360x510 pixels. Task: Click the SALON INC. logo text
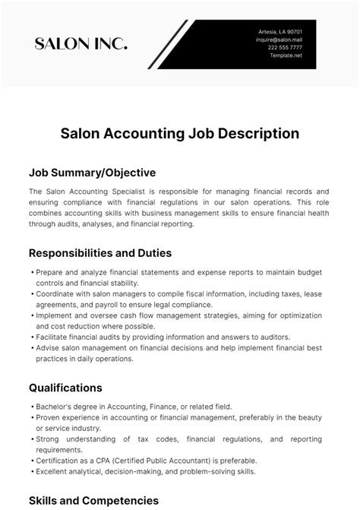(x=81, y=43)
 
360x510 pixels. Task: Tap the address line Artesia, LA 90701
(x=280, y=31)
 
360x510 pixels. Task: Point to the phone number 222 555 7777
(x=285, y=48)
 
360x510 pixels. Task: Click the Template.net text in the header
(x=287, y=56)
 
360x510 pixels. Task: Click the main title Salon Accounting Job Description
(x=180, y=134)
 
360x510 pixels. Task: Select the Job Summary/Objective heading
(x=92, y=172)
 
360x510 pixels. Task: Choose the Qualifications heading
(x=65, y=388)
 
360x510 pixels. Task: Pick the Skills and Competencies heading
(x=93, y=500)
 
